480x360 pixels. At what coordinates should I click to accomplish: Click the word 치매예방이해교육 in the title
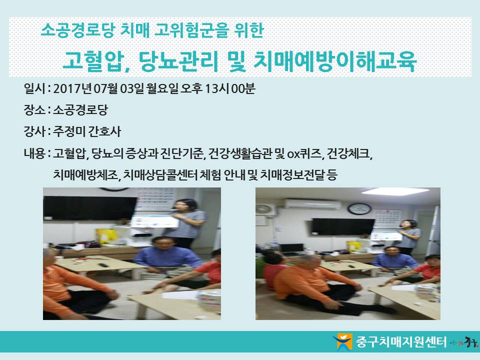pos(335,61)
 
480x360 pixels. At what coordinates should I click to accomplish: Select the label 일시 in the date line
pos(34,88)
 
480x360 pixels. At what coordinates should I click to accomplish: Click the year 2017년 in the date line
pos(72,88)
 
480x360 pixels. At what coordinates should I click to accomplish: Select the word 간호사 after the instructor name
pos(104,131)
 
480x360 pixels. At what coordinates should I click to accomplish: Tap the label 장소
pos(34,110)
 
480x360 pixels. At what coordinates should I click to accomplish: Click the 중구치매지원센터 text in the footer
pos(401,341)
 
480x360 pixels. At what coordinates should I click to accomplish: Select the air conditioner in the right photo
pos(312,204)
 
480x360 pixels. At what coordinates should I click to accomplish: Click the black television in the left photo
pos(90,208)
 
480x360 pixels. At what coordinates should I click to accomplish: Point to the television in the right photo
pos(343,227)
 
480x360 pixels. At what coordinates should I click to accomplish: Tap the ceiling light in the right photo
pos(395,191)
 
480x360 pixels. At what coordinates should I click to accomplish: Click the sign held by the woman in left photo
pos(154,221)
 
